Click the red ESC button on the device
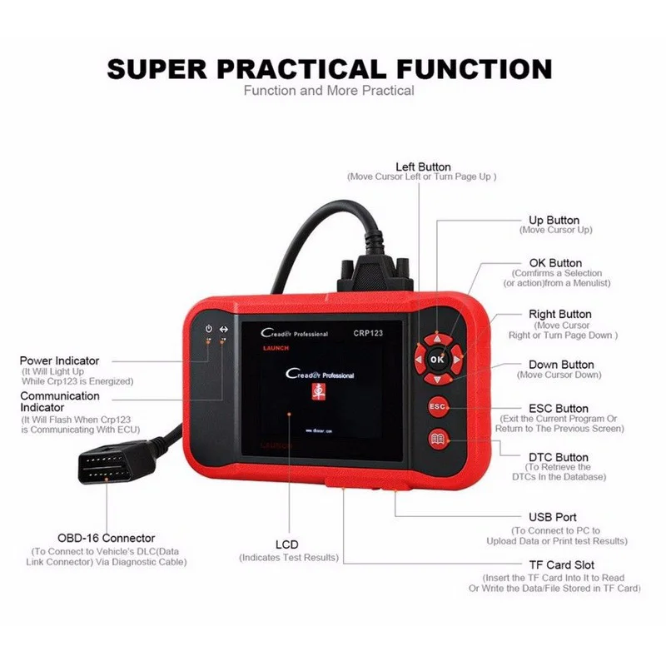click(438, 405)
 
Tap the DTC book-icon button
click(438, 440)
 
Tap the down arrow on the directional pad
click(438, 377)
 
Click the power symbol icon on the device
click(208, 330)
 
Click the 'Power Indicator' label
click(59, 360)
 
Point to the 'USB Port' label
click(552, 517)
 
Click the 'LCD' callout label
click(288, 544)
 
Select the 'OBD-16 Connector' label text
click(106, 538)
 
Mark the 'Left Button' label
click(422, 166)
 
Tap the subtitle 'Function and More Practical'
click(328, 90)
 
